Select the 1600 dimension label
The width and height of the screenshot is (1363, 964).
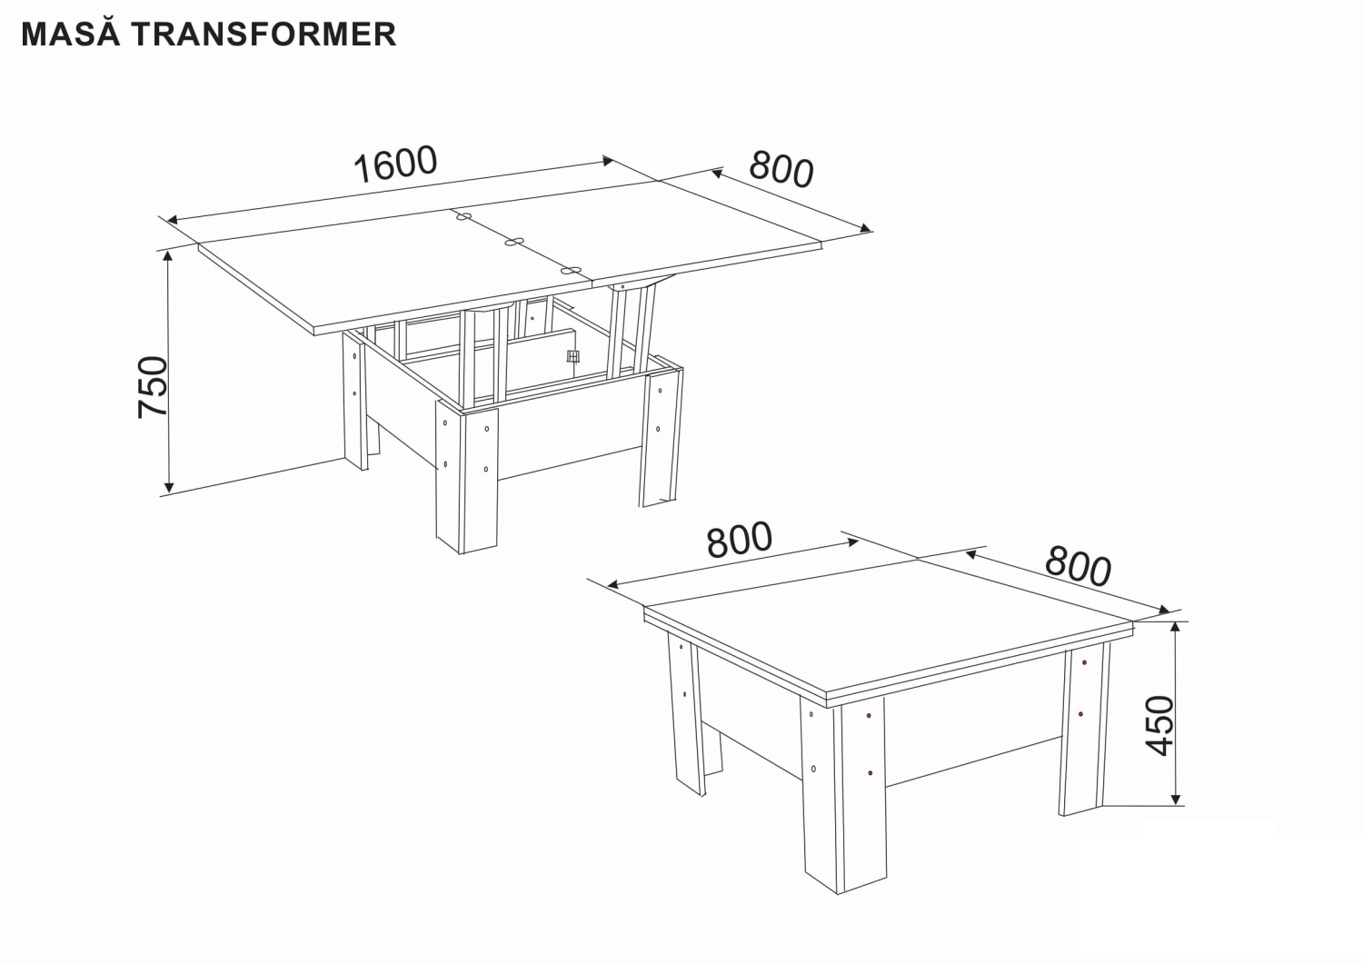pyautogui.click(x=395, y=164)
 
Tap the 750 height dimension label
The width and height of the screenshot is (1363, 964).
pyautogui.click(x=153, y=387)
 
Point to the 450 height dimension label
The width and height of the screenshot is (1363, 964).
pyautogui.click(x=1159, y=726)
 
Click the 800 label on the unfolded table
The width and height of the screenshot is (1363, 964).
pyautogui.click(x=781, y=169)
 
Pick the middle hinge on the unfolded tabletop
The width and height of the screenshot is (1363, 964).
pyautogui.click(x=514, y=243)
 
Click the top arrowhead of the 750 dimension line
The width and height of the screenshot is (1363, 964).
pyautogui.click(x=168, y=256)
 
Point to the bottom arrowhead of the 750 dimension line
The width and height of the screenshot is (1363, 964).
pyautogui.click(x=169, y=487)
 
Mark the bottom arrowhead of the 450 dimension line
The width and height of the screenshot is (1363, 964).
pyautogui.click(x=1176, y=799)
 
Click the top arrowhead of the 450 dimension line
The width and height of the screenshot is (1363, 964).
pyautogui.click(x=1176, y=629)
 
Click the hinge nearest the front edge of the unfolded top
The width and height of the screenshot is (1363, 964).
pyautogui.click(x=572, y=270)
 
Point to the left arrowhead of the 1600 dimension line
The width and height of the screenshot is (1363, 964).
pyautogui.click(x=173, y=220)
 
